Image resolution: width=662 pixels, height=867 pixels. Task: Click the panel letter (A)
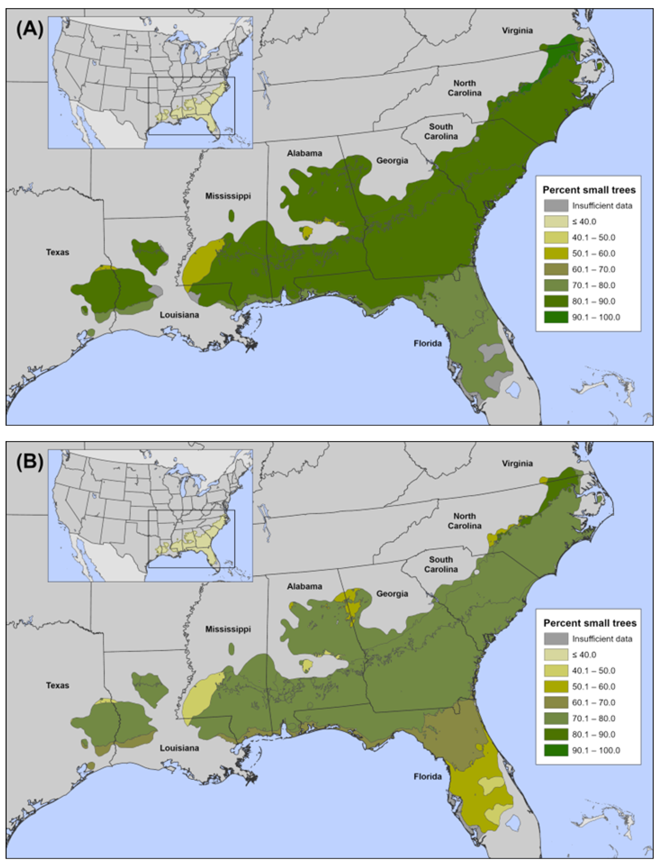click(x=30, y=30)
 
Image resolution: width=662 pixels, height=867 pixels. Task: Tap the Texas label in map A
click(x=58, y=252)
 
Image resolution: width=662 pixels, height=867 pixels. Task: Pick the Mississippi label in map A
click(x=228, y=196)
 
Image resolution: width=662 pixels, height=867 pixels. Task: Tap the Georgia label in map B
click(x=392, y=593)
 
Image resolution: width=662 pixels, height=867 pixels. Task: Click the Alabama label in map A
click(x=304, y=153)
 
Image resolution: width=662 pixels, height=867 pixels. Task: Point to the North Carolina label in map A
click(x=465, y=88)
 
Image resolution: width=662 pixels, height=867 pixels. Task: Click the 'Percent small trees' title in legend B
click(x=590, y=623)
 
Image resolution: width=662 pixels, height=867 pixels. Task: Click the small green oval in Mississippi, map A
click(x=231, y=216)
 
